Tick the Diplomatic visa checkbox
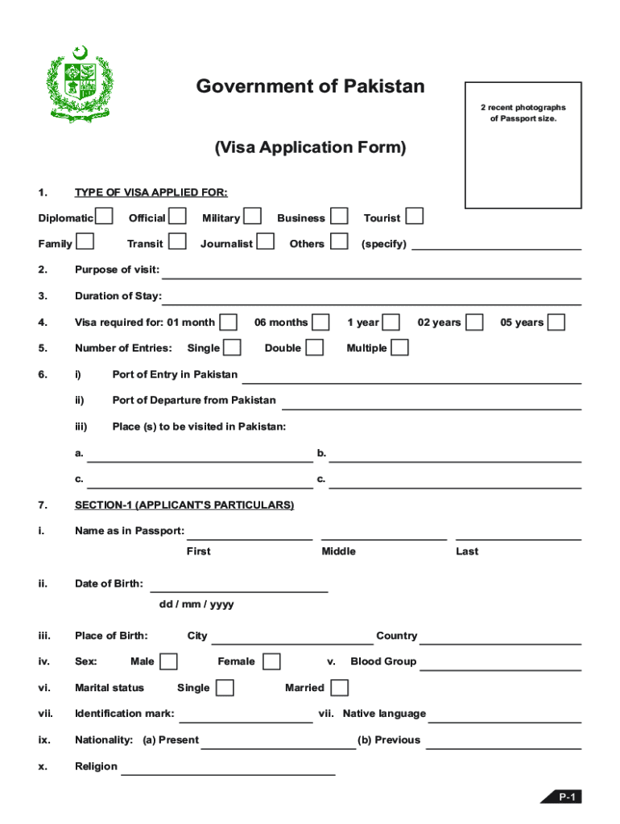point(103,216)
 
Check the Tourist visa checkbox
point(414,216)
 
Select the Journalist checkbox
point(265,241)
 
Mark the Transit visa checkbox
point(178,241)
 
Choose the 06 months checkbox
point(320,322)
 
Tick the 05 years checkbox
point(556,322)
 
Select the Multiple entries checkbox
point(399,348)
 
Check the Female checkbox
point(271,661)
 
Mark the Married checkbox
point(340,687)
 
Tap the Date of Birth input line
point(239,587)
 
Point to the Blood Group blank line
point(500,665)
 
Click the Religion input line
point(228,770)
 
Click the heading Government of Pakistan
point(310,87)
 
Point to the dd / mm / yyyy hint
point(196,604)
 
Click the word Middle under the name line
point(338,551)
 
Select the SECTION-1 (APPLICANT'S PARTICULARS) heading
point(184,505)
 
